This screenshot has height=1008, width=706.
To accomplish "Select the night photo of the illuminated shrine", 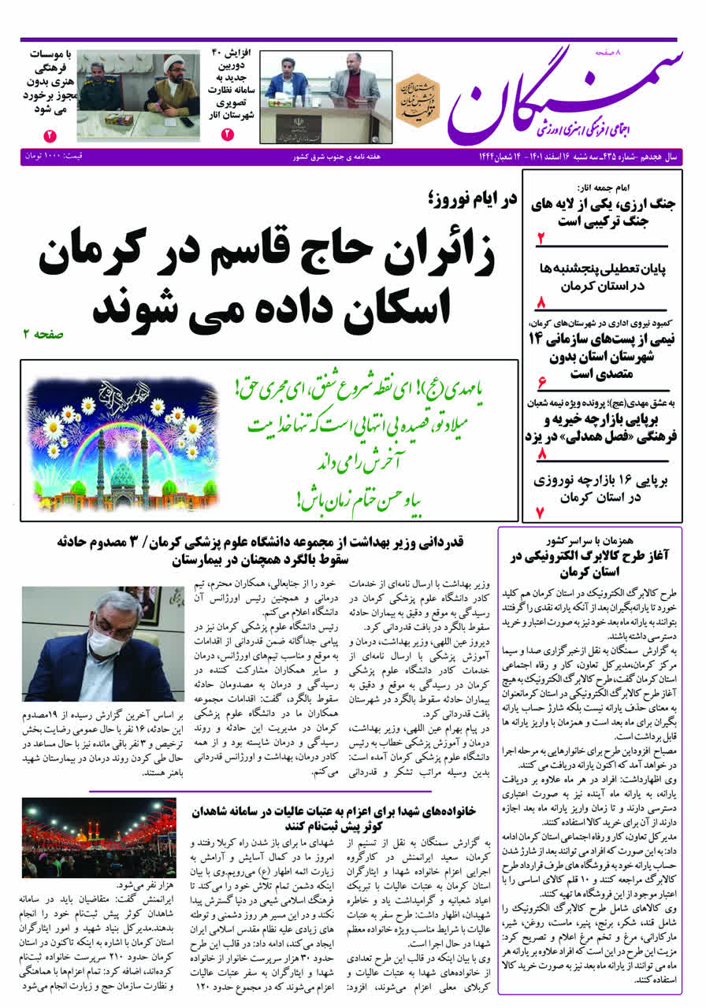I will (x=99, y=839).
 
